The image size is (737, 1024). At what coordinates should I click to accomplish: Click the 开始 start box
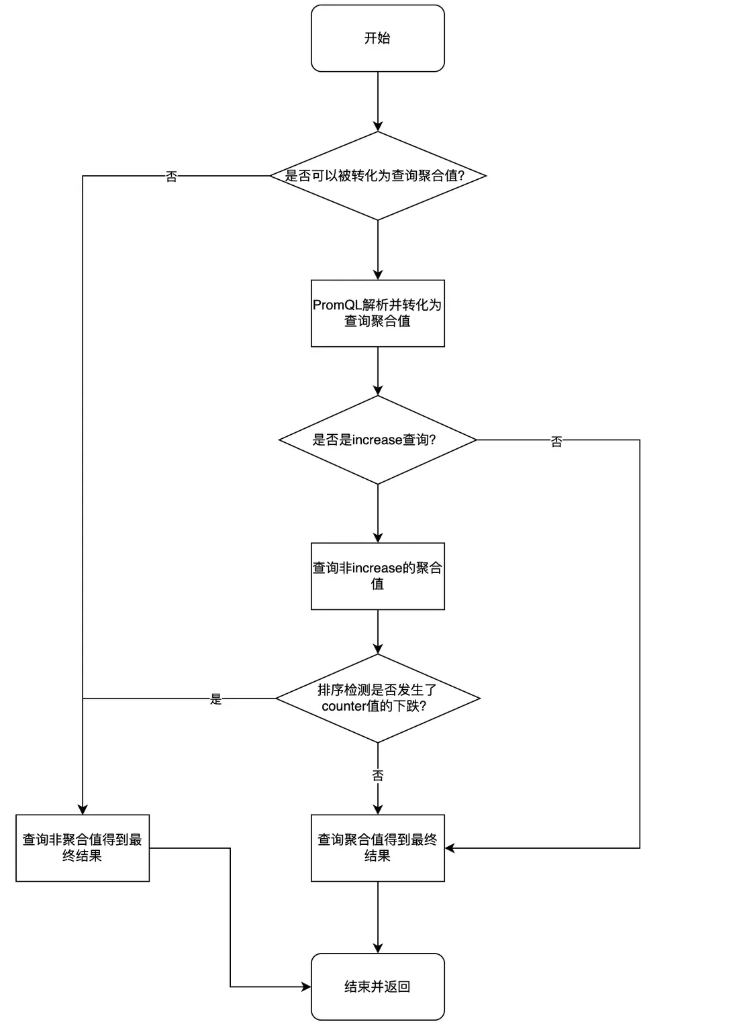tap(377, 38)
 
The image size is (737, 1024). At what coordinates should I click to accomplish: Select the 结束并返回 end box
tap(377, 986)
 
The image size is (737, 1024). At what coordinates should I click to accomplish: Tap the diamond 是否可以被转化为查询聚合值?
tap(377, 176)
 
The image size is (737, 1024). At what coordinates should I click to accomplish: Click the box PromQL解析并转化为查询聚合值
tap(377, 313)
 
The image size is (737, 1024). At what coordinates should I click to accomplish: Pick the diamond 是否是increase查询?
tap(377, 440)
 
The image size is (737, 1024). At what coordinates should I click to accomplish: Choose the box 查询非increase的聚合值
tap(377, 576)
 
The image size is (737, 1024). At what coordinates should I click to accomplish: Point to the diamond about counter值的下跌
tap(377, 699)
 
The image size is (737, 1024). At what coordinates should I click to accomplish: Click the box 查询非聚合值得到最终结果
tap(83, 848)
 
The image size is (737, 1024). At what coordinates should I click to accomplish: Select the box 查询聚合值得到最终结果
tap(377, 848)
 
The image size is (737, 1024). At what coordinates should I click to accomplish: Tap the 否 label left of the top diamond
tap(172, 176)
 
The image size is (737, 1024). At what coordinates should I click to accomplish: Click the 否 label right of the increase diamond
tap(556, 442)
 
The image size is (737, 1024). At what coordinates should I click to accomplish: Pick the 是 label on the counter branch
tap(215, 699)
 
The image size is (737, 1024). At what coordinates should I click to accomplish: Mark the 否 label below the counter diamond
tap(378, 776)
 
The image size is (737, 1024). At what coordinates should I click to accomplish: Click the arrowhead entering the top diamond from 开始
tap(378, 127)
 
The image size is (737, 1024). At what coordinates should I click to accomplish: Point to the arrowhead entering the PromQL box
tap(378, 275)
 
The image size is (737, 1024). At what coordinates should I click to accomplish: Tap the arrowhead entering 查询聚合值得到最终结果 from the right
tap(450, 848)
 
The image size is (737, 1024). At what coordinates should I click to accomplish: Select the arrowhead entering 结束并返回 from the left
tap(307, 986)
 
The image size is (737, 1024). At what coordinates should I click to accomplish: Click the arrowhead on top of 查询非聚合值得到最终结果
tap(83, 810)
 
